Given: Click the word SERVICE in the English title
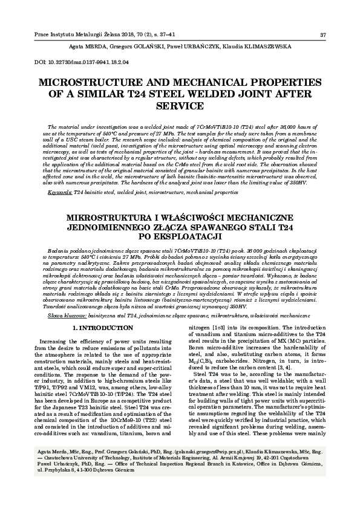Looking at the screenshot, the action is (x=180, y=106).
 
